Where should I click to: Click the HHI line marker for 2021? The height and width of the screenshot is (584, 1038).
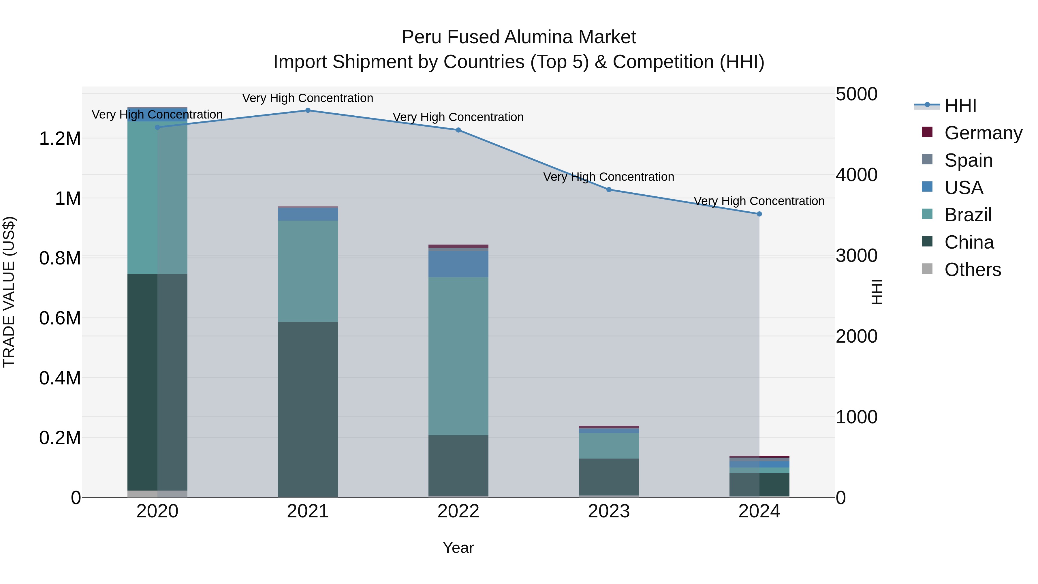click(x=308, y=110)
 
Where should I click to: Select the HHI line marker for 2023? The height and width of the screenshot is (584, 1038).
click(x=609, y=189)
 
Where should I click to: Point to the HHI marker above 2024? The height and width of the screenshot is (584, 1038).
click(x=759, y=214)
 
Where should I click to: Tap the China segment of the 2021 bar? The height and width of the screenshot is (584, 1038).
click(x=308, y=409)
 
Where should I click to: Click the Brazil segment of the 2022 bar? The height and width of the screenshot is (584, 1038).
click(x=458, y=356)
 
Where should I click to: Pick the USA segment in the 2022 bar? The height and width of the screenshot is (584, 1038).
click(x=458, y=264)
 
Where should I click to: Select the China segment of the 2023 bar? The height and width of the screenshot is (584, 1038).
click(x=609, y=477)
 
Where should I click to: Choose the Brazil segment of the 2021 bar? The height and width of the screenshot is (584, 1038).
click(x=308, y=271)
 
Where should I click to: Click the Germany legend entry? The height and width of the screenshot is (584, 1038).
click(x=983, y=133)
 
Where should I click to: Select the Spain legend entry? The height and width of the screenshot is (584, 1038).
click(x=968, y=160)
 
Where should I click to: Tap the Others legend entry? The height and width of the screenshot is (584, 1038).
click(x=972, y=270)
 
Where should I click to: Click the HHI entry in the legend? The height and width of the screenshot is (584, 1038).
click(x=960, y=106)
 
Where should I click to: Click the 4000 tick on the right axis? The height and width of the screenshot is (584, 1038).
click(x=856, y=175)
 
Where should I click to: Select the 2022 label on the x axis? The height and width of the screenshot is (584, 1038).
click(x=458, y=511)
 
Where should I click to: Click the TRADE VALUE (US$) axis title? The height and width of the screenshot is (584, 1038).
click(x=9, y=292)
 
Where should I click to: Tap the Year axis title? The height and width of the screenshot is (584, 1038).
click(x=458, y=548)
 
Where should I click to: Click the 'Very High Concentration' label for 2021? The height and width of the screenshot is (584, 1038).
click(x=308, y=98)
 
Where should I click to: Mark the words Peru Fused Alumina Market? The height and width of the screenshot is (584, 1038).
click(x=519, y=37)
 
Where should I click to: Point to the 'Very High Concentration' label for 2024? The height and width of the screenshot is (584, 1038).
click(x=759, y=201)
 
